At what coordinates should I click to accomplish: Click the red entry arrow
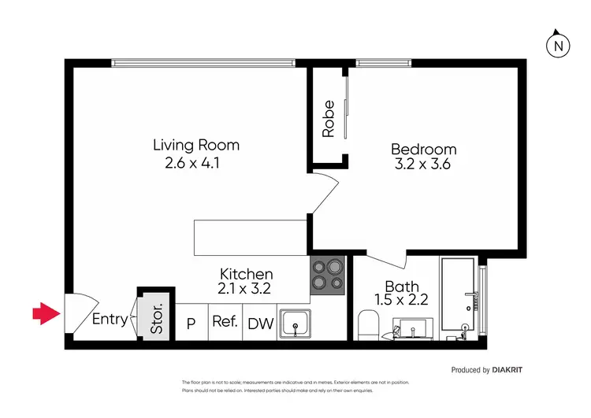point(46,315)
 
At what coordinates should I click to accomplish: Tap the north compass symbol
point(558,46)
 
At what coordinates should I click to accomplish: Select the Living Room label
point(195,145)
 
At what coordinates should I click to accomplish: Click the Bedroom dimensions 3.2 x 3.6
point(423,165)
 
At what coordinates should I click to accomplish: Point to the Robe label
point(329,119)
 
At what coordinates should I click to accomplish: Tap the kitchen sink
point(295,324)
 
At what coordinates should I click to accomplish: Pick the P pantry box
point(191,323)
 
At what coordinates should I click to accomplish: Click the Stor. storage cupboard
point(156,317)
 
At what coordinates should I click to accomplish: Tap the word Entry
point(110,319)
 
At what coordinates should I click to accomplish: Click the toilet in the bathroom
point(368,325)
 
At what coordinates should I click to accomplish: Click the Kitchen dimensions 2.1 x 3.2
point(244,289)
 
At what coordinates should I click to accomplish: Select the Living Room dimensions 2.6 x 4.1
point(195,164)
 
